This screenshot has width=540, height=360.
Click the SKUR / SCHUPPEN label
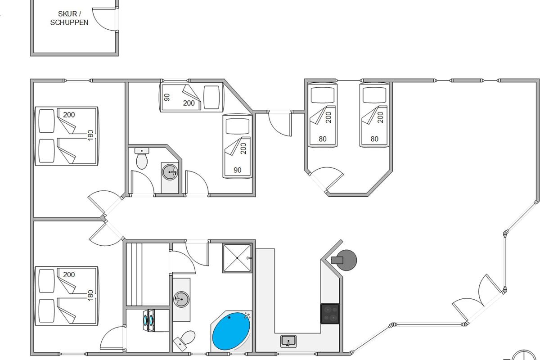69,18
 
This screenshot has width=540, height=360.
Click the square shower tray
237,258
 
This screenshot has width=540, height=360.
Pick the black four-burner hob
330,314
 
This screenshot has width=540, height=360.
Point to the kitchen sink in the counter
288,341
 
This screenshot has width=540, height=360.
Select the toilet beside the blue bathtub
185,340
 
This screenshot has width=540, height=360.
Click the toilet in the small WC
142,160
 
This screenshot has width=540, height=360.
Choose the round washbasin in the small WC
170,171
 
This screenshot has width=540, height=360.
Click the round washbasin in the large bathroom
181,299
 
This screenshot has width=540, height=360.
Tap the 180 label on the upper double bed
90,135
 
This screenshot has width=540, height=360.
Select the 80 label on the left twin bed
323,139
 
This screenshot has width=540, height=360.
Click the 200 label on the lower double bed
69,274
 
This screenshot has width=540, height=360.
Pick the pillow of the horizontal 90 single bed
213,97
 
